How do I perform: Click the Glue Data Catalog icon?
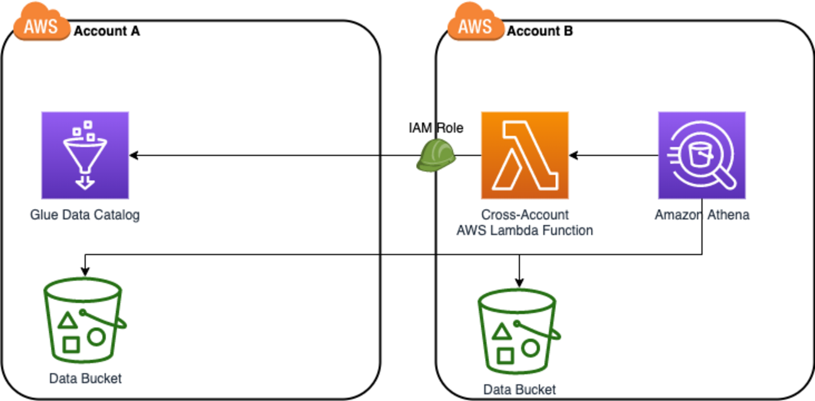[x=85, y=155]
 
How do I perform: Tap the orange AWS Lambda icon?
[x=525, y=155]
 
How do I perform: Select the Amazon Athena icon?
[x=701, y=155]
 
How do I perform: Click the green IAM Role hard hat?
[x=436, y=155]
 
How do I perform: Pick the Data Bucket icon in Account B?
[x=518, y=327]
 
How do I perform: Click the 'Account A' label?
[x=107, y=31]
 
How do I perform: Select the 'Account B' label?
[x=540, y=31]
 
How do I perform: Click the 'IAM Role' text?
[x=435, y=129]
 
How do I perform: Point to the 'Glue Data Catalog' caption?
[x=85, y=215]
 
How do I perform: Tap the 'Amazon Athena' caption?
[x=701, y=215]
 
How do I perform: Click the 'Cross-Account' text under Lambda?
[x=525, y=215]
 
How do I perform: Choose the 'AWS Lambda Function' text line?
[x=525, y=230]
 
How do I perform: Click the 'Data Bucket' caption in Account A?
[x=85, y=378]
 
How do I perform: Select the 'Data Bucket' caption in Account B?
[x=519, y=390]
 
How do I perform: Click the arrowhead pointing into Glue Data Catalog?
[x=134, y=155]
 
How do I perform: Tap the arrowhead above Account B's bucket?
[x=519, y=281]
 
